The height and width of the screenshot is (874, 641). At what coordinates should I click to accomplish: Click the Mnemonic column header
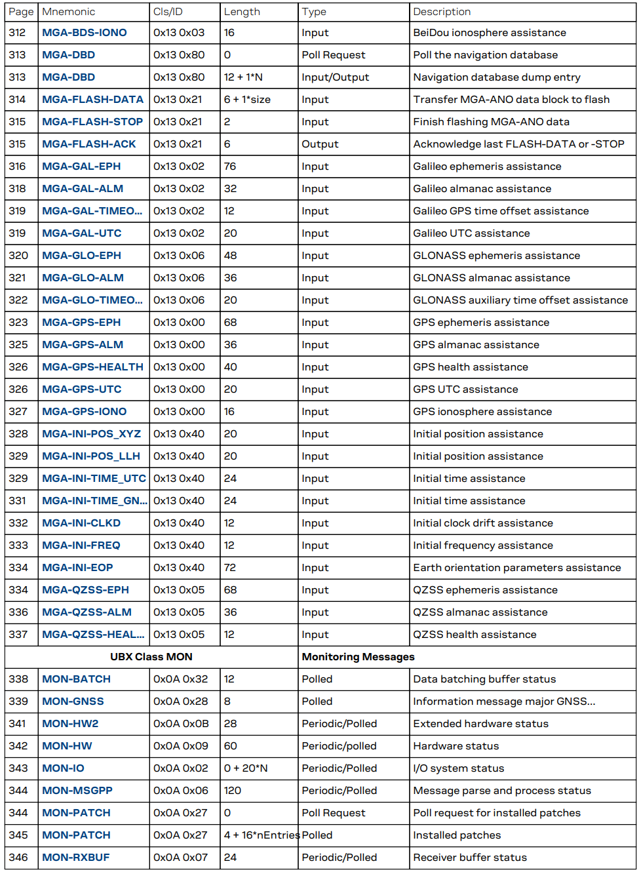68,12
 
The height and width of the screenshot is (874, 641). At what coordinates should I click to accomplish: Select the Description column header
442,12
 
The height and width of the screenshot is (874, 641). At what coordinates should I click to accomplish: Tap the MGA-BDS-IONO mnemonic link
85,33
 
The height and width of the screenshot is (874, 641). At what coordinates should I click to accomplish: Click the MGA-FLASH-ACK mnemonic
89,144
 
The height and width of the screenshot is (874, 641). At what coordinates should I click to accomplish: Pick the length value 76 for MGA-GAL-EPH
230,167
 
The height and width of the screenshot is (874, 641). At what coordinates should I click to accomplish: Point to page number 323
18,323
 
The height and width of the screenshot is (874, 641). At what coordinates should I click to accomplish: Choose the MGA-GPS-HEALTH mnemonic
92,367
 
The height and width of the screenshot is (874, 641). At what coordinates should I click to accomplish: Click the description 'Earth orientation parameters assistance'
516,568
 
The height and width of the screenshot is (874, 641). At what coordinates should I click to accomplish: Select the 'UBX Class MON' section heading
151,657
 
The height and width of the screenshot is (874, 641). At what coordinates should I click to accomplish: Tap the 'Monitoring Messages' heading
358,657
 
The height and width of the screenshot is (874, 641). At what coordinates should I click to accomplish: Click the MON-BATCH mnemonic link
76,679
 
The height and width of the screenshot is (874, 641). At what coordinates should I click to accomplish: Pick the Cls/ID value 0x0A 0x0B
181,724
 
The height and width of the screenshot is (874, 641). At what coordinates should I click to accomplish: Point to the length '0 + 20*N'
246,768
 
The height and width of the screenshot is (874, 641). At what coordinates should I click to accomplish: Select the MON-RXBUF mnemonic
76,858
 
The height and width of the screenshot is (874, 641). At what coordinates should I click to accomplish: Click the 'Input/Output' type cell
335,77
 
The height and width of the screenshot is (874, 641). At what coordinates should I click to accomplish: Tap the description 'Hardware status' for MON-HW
456,746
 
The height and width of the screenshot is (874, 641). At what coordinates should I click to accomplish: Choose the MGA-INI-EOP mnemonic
77,568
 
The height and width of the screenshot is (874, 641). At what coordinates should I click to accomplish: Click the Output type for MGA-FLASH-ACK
320,144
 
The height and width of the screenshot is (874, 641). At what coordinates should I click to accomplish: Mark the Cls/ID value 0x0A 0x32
181,679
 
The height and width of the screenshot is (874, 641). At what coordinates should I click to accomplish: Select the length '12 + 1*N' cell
243,77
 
